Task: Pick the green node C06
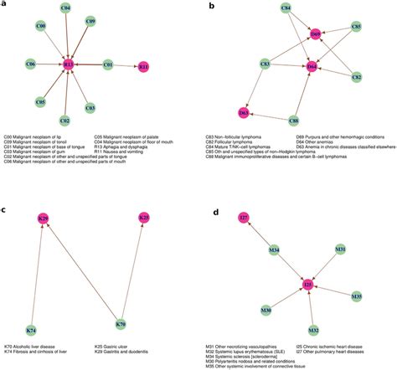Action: (x=30, y=64)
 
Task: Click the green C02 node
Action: (x=64, y=120)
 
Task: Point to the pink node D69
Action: (x=316, y=34)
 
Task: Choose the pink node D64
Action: (x=312, y=64)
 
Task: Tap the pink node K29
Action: (x=44, y=218)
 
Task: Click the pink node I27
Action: (x=244, y=218)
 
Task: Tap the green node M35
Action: (x=357, y=296)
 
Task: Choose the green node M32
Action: (x=313, y=330)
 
